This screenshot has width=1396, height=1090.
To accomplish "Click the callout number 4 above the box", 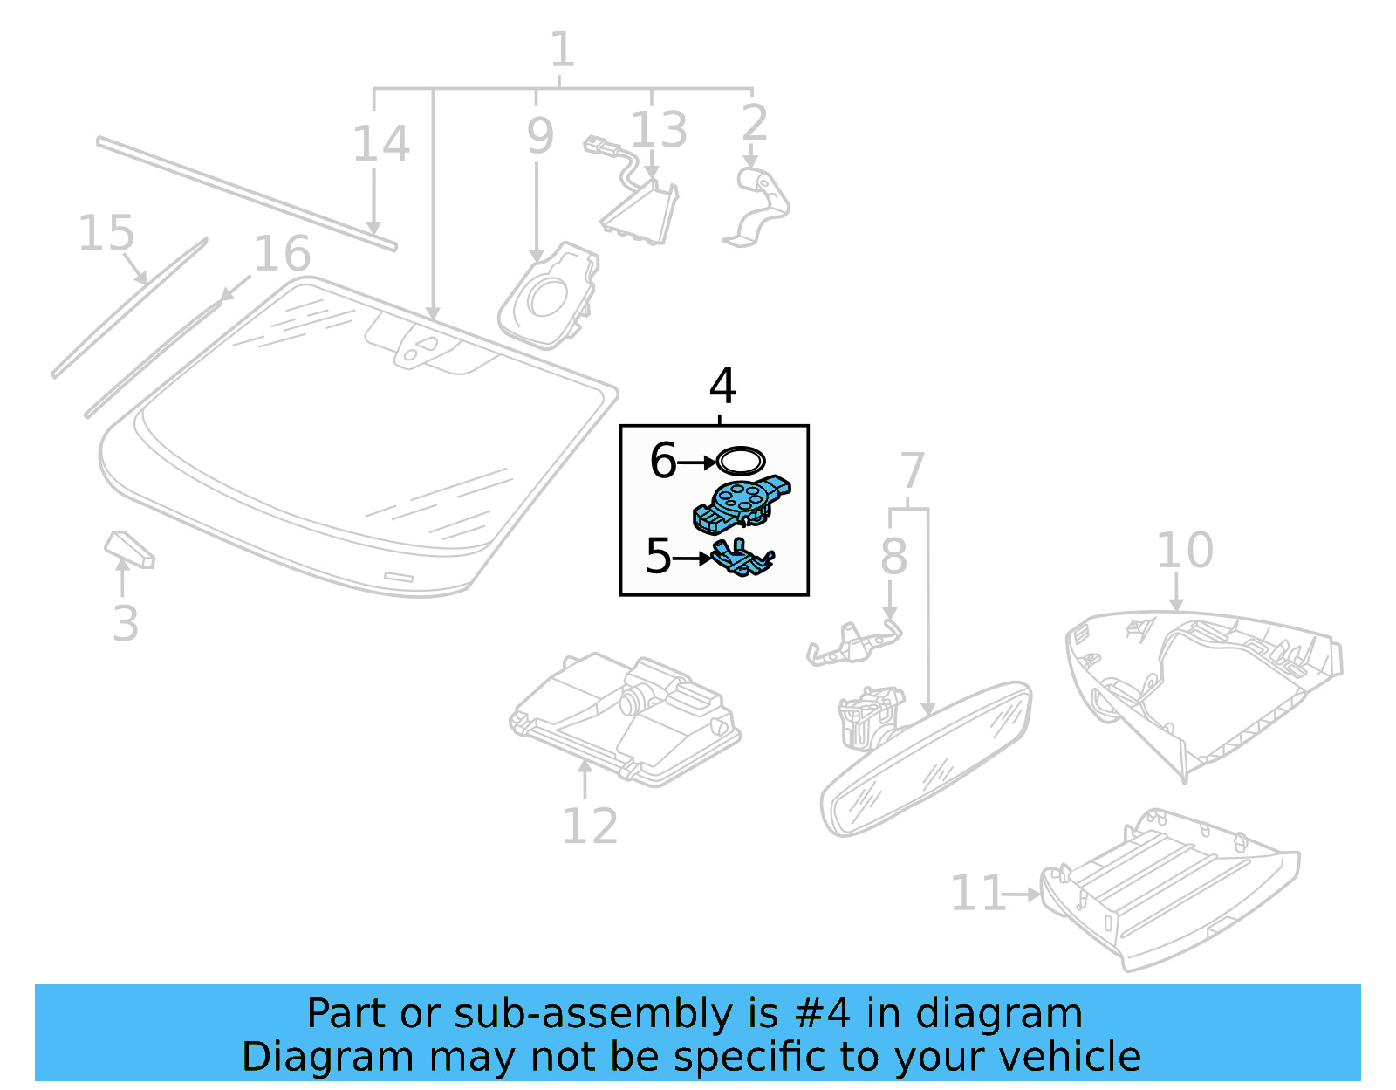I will pyautogui.click(x=722, y=386).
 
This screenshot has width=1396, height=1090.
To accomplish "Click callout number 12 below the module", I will pyautogui.click(x=590, y=826).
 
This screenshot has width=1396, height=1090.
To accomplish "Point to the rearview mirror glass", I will pyautogui.click(x=925, y=759).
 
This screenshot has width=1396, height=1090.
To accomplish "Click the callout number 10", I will pyautogui.click(x=1184, y=551).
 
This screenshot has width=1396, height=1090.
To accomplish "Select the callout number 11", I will pyautogui.click(x=977, y=893).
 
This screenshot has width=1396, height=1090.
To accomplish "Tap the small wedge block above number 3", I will pyautogui.click(x=129, y=547).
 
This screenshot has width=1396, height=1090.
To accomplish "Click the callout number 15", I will pyautogui.click(x=106, y=234).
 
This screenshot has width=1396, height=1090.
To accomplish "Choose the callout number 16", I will pyautogui.click(x=282, y=254).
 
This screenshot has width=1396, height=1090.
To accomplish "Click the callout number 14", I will pyautogui.click(x=381, y=144).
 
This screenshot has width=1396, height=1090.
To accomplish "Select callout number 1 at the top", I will pyautogui.click(x=562, y=50).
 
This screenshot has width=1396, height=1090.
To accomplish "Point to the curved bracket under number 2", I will pyautogui.click(x=759, y=205).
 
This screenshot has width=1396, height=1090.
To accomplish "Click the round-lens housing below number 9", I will pyautogui.click(x=550, y=297).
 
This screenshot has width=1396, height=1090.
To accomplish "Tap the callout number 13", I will pyautogui.click(x=659, y=130).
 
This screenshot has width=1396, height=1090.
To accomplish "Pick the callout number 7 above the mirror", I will pyautogui.click(x=911, y=471).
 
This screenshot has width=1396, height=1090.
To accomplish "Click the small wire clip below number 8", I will pyautogui.click(x=853, y=644).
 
